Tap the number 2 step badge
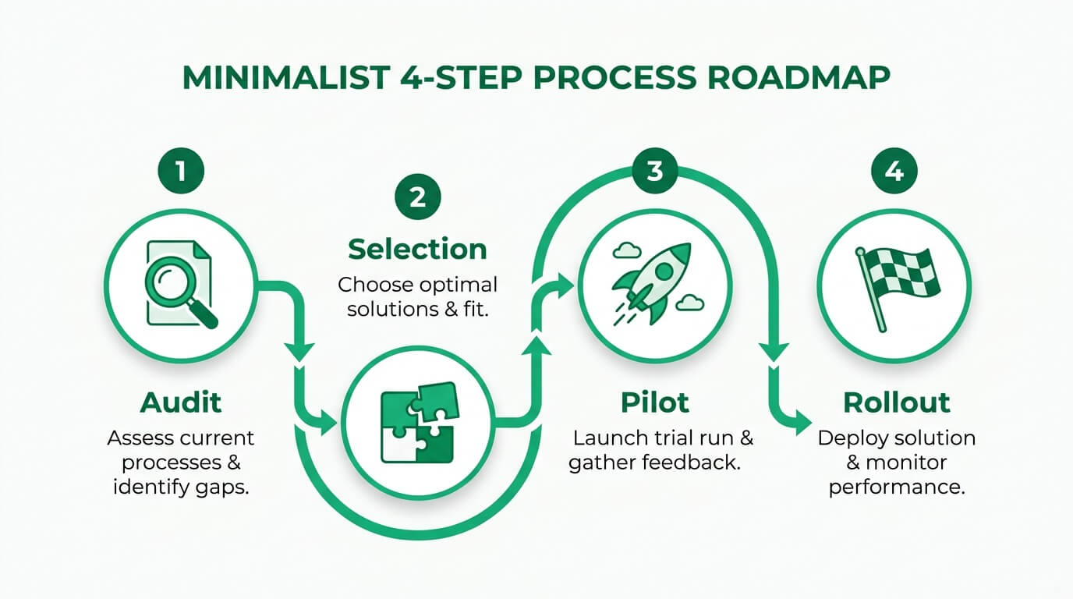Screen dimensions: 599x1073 click(417, 197)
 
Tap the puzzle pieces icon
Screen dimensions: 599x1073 click(418, 424)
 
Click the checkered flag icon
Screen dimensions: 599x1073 click(897, 281)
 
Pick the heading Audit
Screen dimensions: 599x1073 click(180, 403)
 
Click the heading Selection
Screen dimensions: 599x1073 click(417, 250)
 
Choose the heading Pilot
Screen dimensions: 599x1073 click(654, 403)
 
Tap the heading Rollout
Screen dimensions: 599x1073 click(897, 403)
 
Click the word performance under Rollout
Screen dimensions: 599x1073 click(898, 488)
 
